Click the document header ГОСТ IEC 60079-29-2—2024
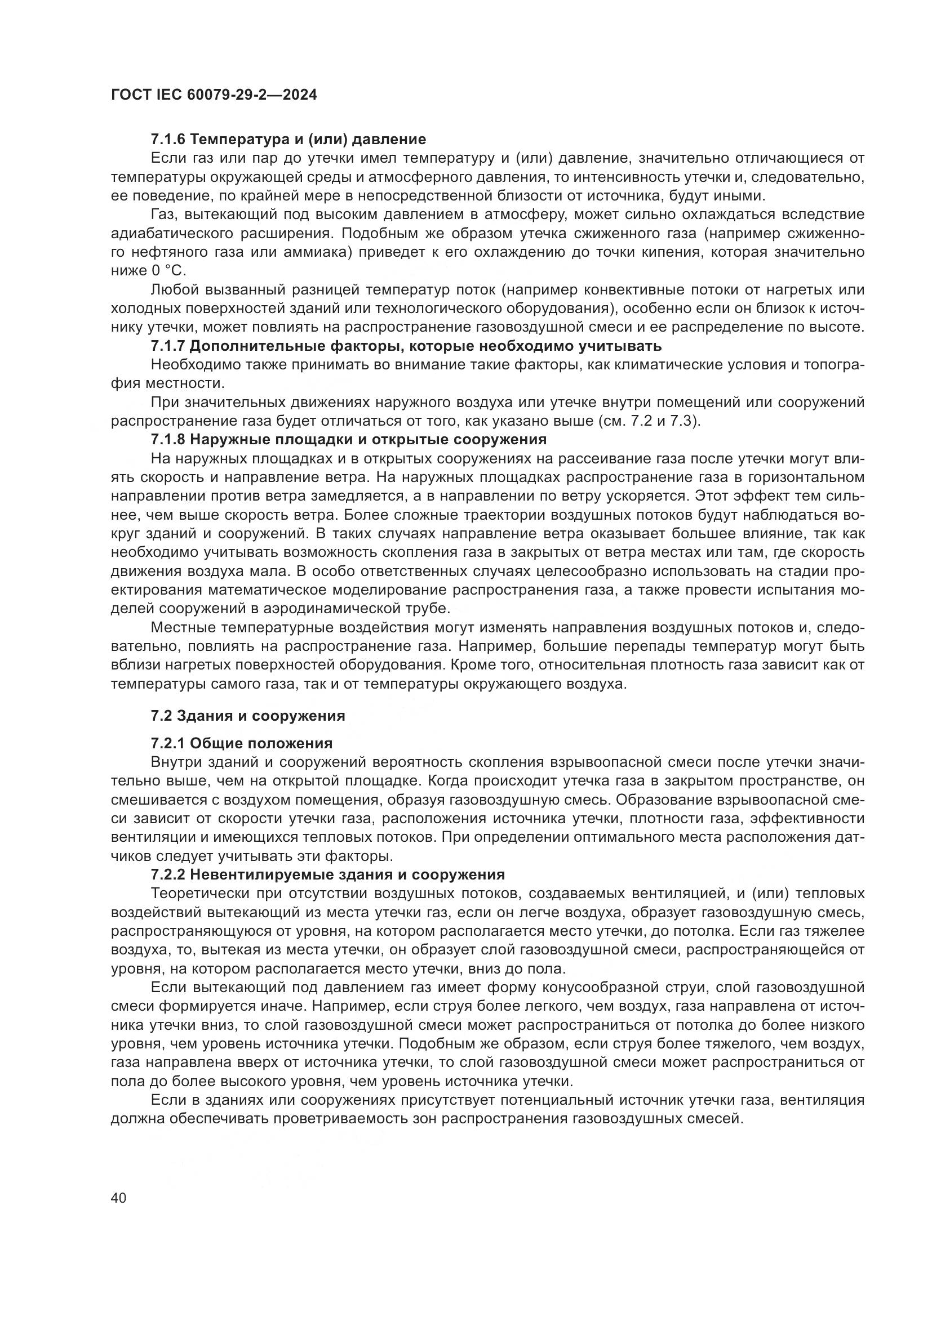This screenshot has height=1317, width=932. click(x=214, y=95)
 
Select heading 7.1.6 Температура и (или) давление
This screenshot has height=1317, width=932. click(x=288, y=140)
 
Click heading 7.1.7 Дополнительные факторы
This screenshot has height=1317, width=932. click(x=406, y=346)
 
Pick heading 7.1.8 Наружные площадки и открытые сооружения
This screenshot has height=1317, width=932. click(x=348, y=439)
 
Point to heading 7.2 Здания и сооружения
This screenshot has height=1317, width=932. click(x=248, y=715)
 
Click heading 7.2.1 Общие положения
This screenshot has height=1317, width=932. click(x=242, y=743)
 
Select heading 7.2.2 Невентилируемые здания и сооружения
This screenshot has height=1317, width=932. click(x=328, y=875)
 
